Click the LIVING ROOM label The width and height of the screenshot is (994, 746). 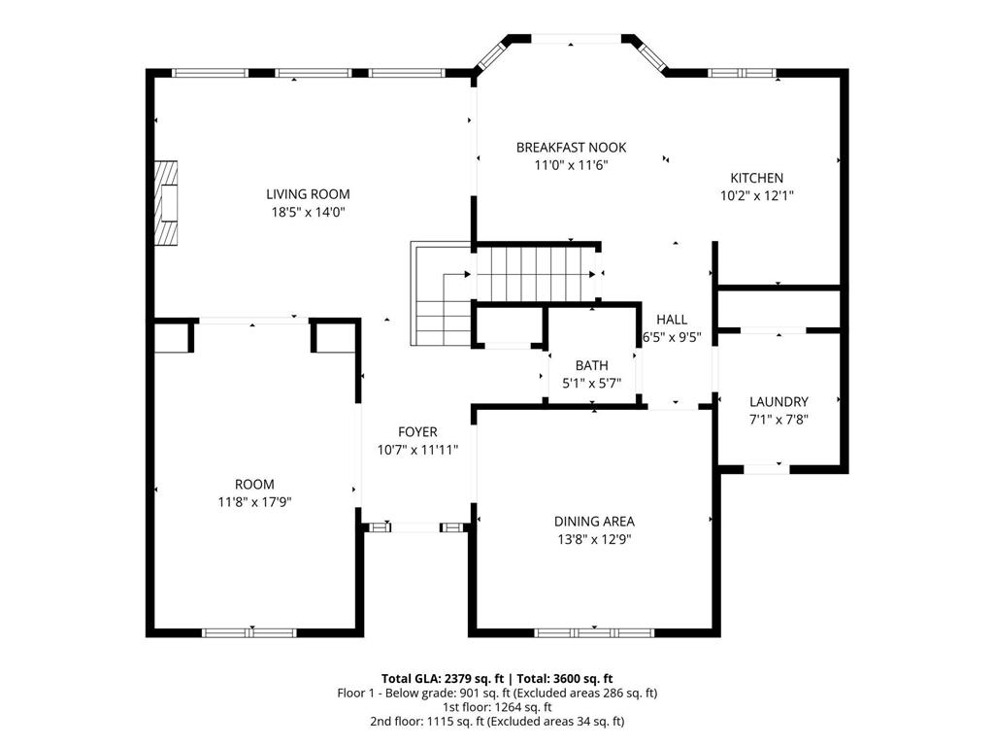pos(308,194)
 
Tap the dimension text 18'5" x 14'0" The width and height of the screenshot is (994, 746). pos(308,212)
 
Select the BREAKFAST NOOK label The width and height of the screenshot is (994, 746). pos(571,148)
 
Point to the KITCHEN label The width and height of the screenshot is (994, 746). pos(757,178)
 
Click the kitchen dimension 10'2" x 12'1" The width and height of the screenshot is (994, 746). pos(757,195)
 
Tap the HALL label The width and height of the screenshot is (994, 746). pos(672,319)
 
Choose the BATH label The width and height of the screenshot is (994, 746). pos(591,365)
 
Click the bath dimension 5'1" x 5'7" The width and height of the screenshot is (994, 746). pos(591,383)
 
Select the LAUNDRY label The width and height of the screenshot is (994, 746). pos(779,401)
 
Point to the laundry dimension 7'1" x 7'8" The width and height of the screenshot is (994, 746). pos(779,420)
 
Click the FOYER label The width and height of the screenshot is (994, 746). pos(417,432)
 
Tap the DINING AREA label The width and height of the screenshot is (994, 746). pos(594,522)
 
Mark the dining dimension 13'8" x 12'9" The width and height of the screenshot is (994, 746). pos(594,539)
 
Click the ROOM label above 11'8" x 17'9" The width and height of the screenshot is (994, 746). pos(254,485)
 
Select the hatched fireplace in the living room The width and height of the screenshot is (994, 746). pos(166,203)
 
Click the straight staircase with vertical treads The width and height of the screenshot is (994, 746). pos(536,273)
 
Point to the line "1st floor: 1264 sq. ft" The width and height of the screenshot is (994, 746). pos(497,707)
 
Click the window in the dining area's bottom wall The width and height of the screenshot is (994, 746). pos(594,632)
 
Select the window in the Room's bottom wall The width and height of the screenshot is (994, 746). pos(249,632)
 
